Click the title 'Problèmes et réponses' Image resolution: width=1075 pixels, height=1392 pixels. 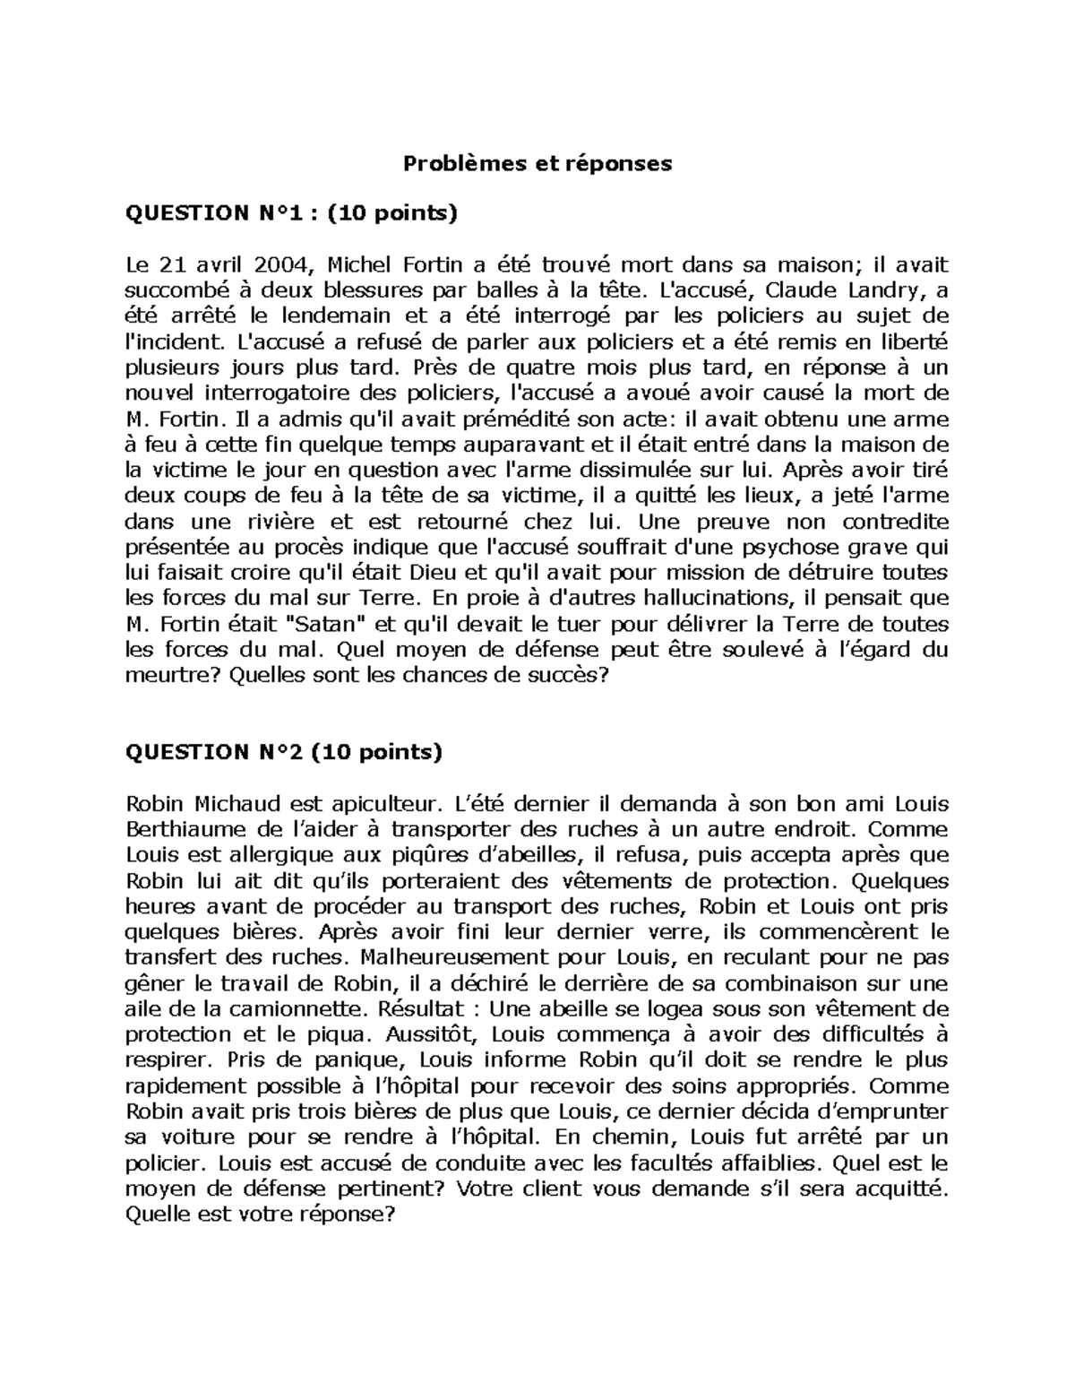(537, 164)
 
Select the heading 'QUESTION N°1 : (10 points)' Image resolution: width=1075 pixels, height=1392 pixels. (291, 213)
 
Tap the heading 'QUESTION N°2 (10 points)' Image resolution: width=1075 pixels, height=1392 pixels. (284, 752)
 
